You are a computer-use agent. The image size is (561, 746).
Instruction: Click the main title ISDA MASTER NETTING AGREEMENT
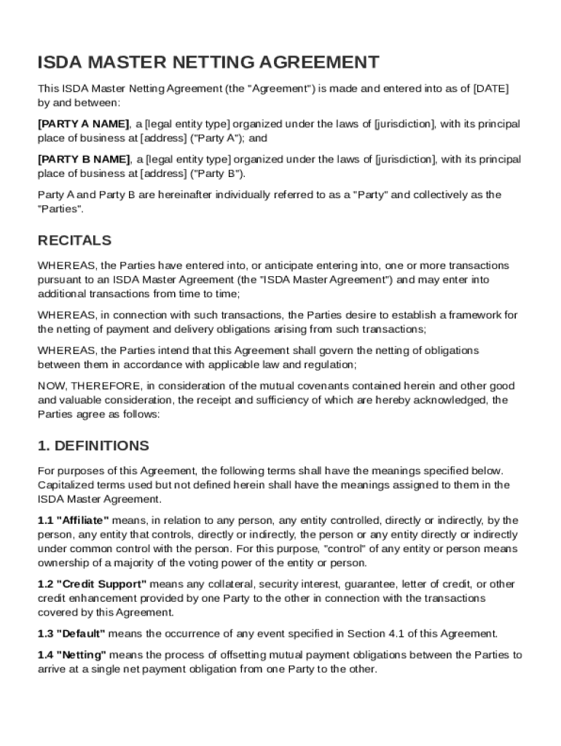[x=208, y=62]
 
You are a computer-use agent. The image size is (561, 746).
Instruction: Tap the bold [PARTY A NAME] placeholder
[x=84, y=124]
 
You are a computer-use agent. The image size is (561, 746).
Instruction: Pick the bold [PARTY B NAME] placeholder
[x=84, y=160]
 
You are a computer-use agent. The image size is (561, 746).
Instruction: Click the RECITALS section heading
[x=75, y=240]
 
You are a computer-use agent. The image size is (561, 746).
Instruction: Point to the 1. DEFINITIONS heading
[x=93, y=445]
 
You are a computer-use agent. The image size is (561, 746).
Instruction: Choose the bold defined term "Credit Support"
[x=102, y=584]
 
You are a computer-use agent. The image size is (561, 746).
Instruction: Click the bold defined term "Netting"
[x=82, y=655]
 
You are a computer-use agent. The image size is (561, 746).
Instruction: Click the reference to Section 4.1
[x=371, y=634]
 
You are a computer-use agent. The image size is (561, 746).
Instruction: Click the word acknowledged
[x=450, y=400]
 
